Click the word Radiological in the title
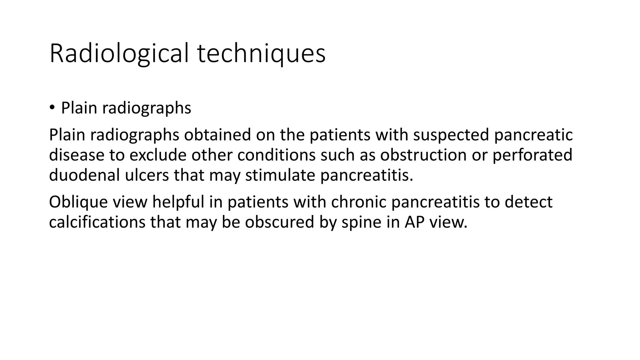119,54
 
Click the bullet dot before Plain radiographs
52,108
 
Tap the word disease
77,155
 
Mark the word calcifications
97,222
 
